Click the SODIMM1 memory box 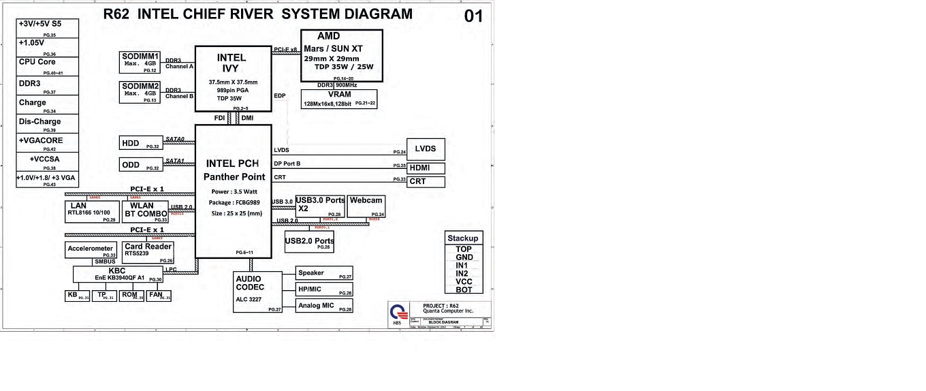pos(140,61)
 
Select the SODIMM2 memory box pos(140,91)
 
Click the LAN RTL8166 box pos(92,212)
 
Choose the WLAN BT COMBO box pos(145,212)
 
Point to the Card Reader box pos(148,252)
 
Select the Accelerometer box pos(91,251)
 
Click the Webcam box pos(366,206)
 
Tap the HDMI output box pos(426,168)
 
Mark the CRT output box pos(426,182)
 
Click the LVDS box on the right pos(426,149)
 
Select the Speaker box pos(324,273)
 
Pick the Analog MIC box pos(324,306)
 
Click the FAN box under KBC pos(158,296)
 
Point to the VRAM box pos(339,99)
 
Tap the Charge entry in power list pos(48,105)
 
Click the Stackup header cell pos(463,238)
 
